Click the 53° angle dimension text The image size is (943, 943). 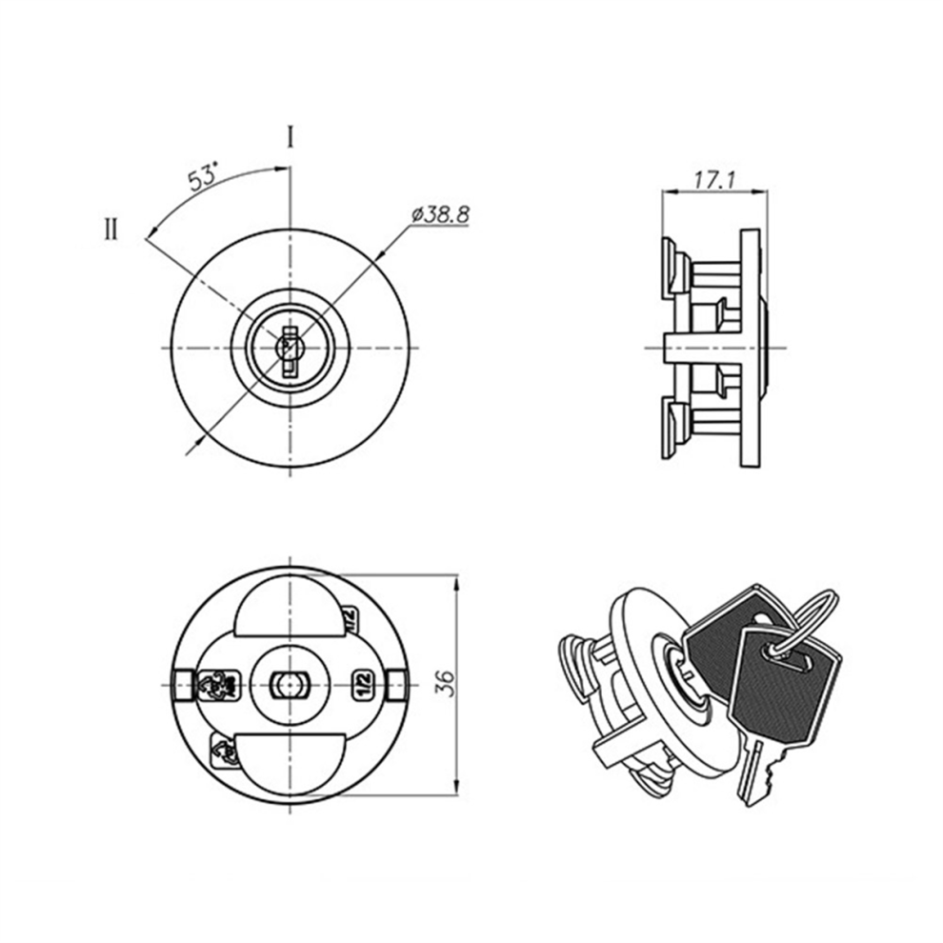(202, 178)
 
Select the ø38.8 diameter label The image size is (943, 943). (441, 214)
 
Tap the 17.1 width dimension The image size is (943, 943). (714, 180)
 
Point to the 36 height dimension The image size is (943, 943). (446, 683)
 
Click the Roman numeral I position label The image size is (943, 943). (290, 137)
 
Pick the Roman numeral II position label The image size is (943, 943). (111, 230)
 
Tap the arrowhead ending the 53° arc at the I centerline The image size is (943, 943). (279, 169)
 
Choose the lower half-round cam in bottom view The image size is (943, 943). (290, 765)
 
